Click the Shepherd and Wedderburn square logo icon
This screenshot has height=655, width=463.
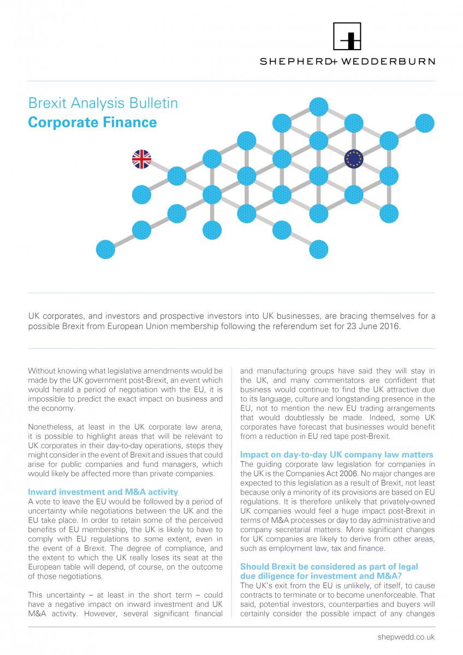click(x=347, y=37)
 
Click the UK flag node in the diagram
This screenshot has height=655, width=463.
click(x=141, y=159)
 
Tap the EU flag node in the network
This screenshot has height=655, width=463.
click(x=354, y=159)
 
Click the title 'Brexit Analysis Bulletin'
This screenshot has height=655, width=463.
click(x=103, y=103)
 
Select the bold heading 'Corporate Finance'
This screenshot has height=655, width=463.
click(x=92, y=122)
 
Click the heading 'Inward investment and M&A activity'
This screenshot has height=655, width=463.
click(x=103, y=492)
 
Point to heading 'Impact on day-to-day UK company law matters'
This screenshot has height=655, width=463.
click(x=337, y=455)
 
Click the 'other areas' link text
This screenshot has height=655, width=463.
click(x=413, y=539)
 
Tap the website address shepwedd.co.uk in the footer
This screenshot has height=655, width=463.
click(x=406, y=638)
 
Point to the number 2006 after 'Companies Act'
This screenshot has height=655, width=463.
click(x=349, y=474)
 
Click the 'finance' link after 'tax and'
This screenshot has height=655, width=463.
click(x=371, y=549)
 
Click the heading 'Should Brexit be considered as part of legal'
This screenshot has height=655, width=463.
click(x=329, y=567)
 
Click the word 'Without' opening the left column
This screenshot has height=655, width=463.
click(x=43, y=371)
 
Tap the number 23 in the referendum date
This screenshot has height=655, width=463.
click(x=357, y=326)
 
